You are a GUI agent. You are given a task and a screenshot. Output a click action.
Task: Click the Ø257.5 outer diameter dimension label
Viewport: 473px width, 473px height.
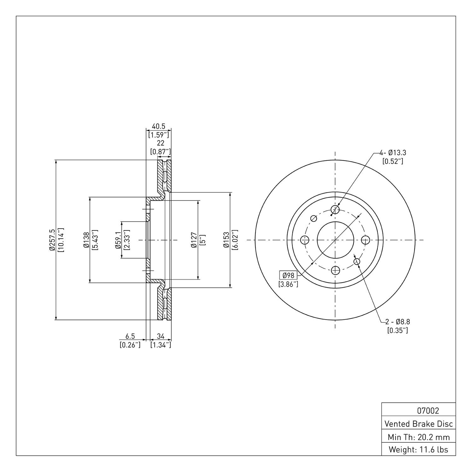pyautogui.click(x=52, y=240)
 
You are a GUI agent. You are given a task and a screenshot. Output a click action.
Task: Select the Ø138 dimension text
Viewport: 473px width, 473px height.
pyautogui.click(x=86, y=240)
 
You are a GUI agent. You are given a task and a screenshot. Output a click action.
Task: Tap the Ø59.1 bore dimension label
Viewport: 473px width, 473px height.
pyautogui.click(x=118, y=240)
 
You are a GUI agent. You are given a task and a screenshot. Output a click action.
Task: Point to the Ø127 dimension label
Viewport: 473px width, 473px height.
pyautogui.click(x=194, y=240)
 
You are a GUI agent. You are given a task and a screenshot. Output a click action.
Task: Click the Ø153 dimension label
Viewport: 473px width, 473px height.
pyautogui.click(x=226, y=240)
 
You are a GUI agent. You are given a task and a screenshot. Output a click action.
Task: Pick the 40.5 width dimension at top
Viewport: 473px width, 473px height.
pyautogui.click(x=159, y=126)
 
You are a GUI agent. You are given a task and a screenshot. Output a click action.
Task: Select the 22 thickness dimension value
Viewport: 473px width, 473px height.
pyautogui.click(x=161, y=143)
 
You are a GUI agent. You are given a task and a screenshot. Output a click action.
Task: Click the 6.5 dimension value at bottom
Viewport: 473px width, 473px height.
pyautogui.click(x=130, y=336)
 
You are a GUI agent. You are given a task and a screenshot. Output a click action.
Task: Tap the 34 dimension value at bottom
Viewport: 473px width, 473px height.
pyautogui.click(x=161, y=336)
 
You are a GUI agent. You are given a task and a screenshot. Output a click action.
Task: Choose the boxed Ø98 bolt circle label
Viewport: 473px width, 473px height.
pyautogui.click(x=288, y=275)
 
